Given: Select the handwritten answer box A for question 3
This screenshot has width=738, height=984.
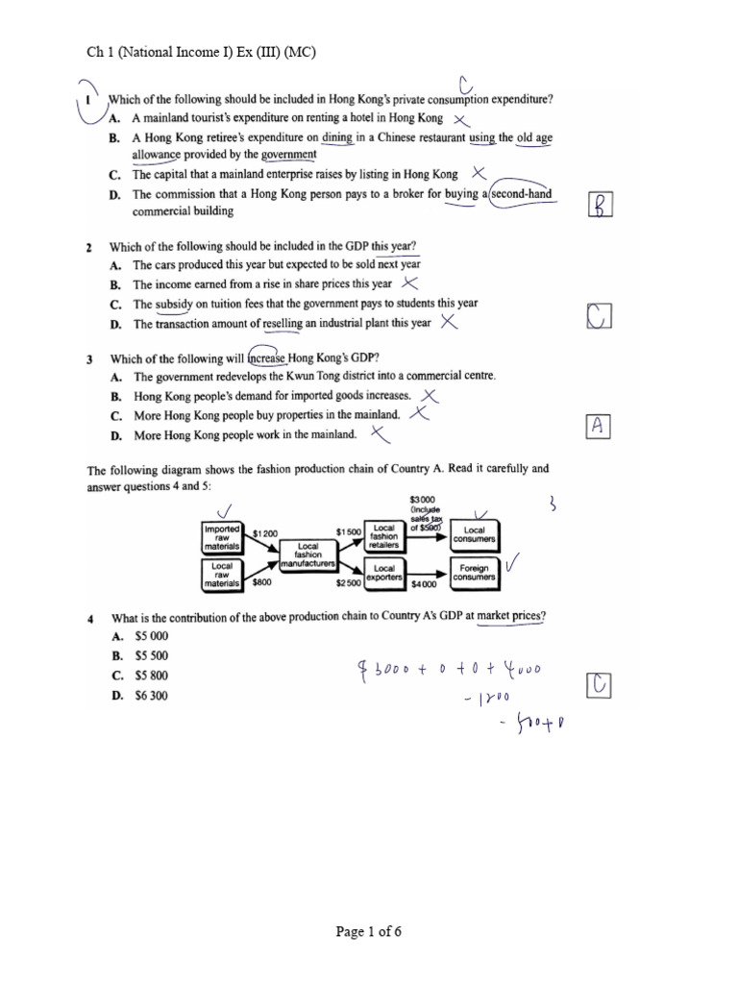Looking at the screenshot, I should click(x=597, y=428).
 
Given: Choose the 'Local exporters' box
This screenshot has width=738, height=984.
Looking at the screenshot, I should click(x=384, y=574).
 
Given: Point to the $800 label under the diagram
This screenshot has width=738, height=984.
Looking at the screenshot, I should click(x=261, y=582).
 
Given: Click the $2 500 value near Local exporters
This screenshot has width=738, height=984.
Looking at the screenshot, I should click(x=348, y=583).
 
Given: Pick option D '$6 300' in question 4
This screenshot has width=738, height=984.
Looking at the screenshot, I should click(x=151, y=696).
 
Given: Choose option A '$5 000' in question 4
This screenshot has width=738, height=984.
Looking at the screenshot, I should click(x=151, y=636).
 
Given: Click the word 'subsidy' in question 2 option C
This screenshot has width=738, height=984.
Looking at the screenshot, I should click(x=174, y=304).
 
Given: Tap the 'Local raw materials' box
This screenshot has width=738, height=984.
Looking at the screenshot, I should click(x=222, y=574).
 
